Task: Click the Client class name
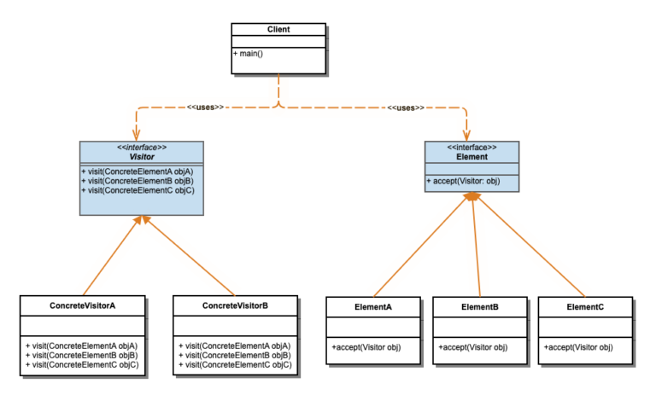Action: click(278, 29)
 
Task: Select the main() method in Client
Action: click(249, 54)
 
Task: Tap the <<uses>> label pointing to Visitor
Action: click(205, 107)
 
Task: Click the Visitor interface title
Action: click(142, 156)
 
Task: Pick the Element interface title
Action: click(472, 157)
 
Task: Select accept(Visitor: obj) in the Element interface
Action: click(462, 181)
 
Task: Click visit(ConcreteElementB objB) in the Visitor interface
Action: click(138, 181)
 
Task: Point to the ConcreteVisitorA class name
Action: click(83, 305)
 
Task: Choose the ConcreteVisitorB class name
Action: click(235, 305)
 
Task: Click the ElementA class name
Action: click(372, 306)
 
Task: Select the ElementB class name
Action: click(479, 306)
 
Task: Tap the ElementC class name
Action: click(585, 306)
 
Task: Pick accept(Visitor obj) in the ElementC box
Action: click(578, 347)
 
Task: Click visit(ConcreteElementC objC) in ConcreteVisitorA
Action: click(82, 365)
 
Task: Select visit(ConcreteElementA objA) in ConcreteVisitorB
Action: click(235, 346)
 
